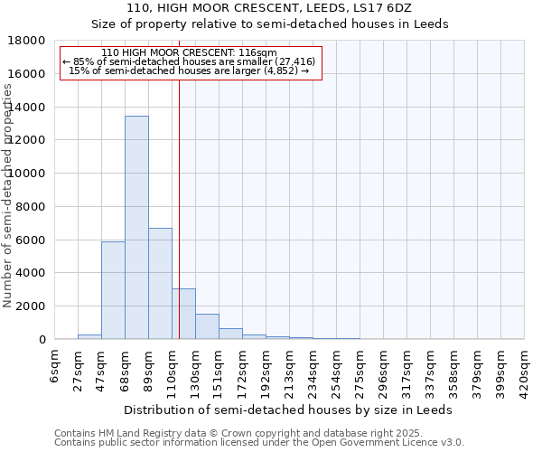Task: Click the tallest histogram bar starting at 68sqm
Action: tap(136, 227)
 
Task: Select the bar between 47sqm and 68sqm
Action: tap(113, 290)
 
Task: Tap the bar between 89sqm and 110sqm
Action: tap(160, 284)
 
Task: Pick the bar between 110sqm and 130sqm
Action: tap(183, 314)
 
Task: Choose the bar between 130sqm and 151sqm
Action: tap(207, 326)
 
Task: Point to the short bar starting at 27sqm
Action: tap(89, 336)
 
